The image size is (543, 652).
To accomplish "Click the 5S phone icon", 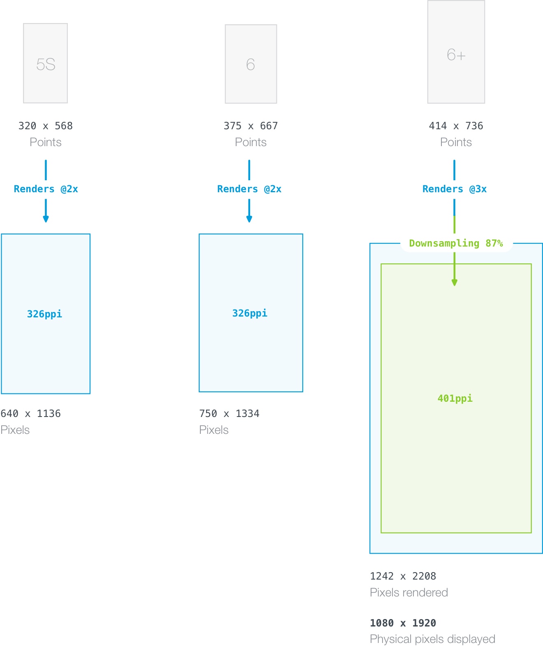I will (x=45, y=63).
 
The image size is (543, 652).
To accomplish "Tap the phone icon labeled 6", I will (x=251, y=64).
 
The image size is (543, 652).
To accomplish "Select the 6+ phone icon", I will (x=456, y=52).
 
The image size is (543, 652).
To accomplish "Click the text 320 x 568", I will (x=45, y=126).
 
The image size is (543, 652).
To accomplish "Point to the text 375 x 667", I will (x=251, y=126).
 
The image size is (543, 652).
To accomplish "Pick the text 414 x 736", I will (x=456, y=126).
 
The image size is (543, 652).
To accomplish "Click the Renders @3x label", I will (x=455, y=189).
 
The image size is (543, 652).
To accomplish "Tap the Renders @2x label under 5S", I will (x=46, y=189).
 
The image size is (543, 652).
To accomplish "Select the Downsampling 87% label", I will (x=456, y=243).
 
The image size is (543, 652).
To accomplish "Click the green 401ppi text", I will (x=455, y=398).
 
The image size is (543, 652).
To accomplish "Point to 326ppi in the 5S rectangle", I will (x=44, y=314).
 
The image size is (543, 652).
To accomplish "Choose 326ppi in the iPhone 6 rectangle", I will (x=250, y=313).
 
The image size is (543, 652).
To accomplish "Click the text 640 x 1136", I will (x=31, y=414).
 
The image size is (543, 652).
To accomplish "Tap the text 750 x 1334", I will (x=229, y=414).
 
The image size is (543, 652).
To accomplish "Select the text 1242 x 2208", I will (x=403, y=576).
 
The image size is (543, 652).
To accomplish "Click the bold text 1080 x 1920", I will (x=403, y=623).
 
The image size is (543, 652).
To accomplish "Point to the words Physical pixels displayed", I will (x=432, y=639).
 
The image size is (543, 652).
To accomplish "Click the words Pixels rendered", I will (x=409, y=593).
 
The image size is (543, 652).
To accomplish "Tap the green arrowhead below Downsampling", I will (x=455, y=282).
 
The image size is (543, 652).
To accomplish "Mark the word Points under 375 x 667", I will (x=251, y=142).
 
